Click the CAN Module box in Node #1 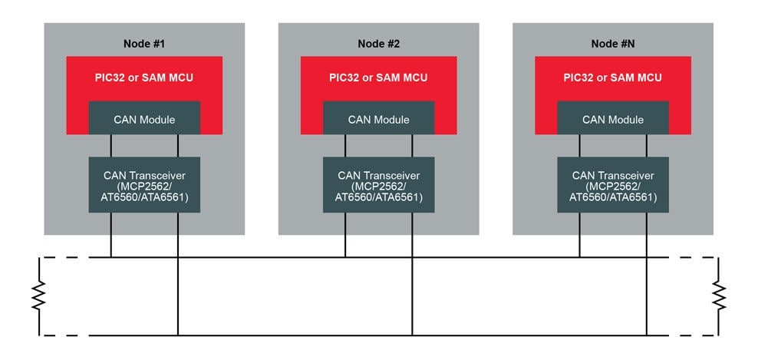click(144, 119)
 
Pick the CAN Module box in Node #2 click(379, 119)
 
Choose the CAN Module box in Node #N click(613, 119)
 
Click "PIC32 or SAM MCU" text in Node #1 click(144, 78)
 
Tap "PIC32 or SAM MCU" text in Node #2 click(379, 78)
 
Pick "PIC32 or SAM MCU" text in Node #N click(613, 78)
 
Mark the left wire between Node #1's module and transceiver click(111, 146)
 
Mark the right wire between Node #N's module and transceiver click(647, 146)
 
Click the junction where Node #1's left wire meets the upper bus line click(111, 257)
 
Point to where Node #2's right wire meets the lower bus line click(413, 335)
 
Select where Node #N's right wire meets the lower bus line click(647, 335)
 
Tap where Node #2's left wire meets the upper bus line click(345, 257)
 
